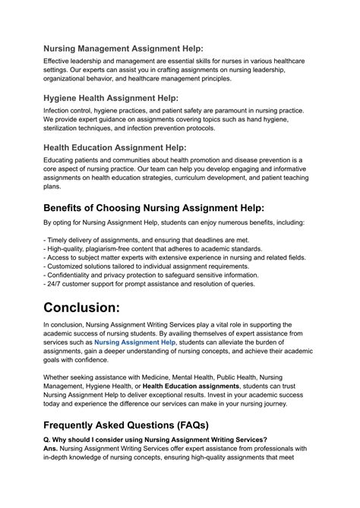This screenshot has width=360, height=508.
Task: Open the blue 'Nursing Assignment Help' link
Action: pyautogui.click(x=135, y=364)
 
